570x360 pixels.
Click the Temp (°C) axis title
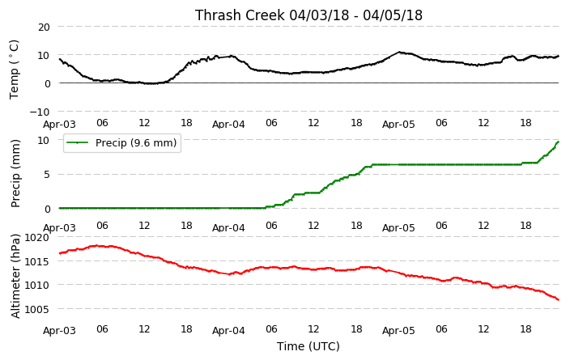pos(14,70)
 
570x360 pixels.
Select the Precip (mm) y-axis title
pos(15,173)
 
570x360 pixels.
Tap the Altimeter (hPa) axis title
pos(15,276)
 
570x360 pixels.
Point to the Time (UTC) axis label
pos(308,346)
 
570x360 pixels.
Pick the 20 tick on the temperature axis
pos(44,28)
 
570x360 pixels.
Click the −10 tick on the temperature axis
pos(40,112)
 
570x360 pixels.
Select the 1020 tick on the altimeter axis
pos(36,238)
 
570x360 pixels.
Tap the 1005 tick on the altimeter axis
pos(36,309)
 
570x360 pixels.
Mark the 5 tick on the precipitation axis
pos(46,175)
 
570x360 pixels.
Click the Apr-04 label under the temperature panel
pos(228,125)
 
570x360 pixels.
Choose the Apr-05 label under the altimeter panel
pos(398,331)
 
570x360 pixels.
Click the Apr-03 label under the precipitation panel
pos(59,228)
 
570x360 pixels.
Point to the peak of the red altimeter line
pos(96,246)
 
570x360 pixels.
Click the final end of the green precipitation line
pos(558,142)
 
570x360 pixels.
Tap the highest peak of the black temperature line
pos(399,52)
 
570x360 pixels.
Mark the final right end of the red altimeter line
pos(558,299)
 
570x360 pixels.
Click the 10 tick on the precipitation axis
pos(44,140)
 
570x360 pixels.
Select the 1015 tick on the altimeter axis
pos(36,261)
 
